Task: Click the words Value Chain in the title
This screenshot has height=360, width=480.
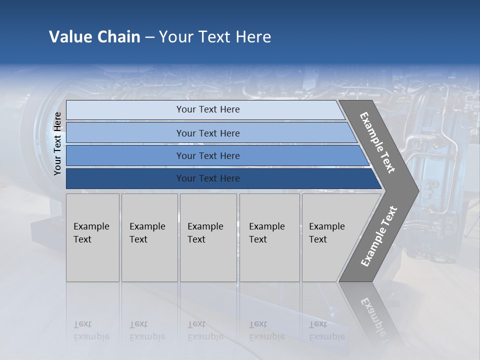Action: (x=94, y=37)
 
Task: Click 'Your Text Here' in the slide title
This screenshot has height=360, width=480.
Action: (x=215, y=37)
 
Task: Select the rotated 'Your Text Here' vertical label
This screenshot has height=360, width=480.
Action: (x=57, y=144)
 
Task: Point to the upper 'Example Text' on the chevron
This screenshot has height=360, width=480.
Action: (x=377, y=142)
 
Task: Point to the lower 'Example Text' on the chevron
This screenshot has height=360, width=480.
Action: (x=378, y=236)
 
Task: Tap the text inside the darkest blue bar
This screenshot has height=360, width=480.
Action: (x=208, y=178)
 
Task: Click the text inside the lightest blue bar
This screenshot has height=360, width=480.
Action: (x=208, y=109)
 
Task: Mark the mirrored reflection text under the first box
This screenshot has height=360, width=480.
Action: (x=91, y=330)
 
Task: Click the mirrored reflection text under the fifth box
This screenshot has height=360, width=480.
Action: (x=326, y=330)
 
